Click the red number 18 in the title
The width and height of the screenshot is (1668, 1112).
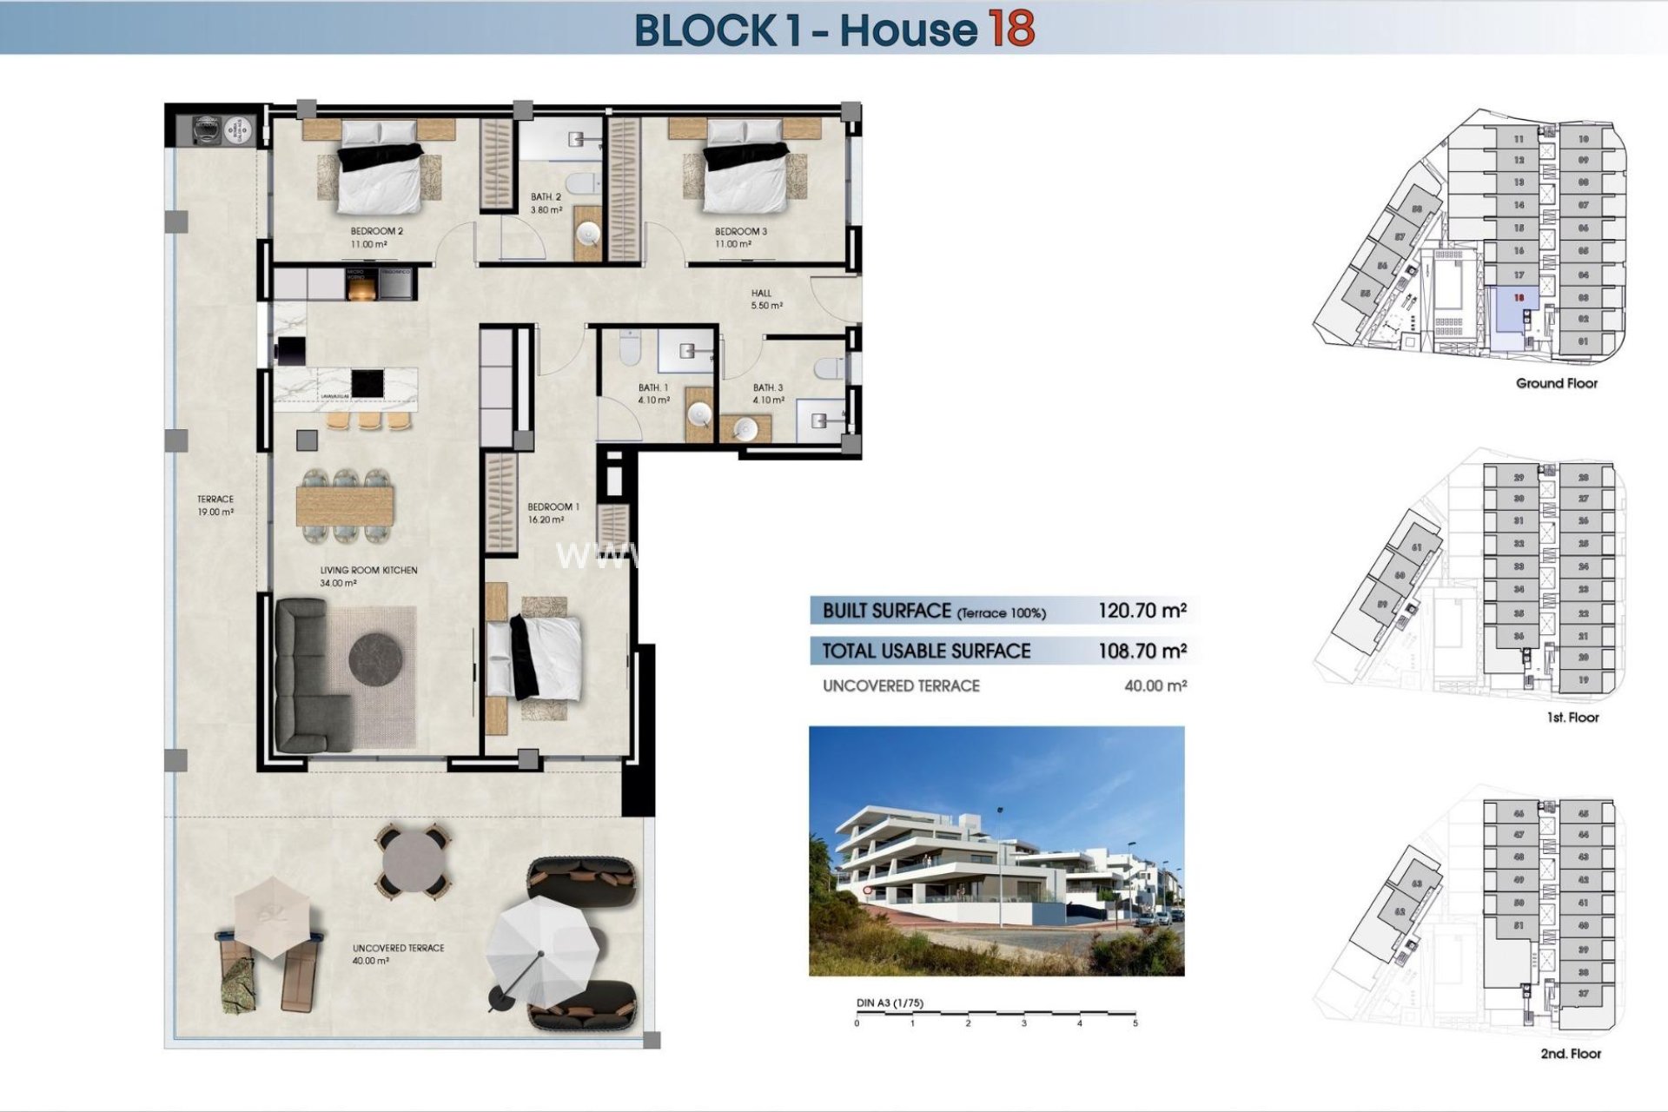coord(1010,29)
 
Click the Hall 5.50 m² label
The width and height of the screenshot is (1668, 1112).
coord(765,300)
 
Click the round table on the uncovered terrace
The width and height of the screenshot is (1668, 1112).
coord(412,861)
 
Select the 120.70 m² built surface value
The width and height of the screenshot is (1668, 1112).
coord(1142,611)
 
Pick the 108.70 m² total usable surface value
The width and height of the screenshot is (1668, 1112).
coord(1142,651)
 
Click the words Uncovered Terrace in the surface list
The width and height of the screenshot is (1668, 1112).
coord(901,686)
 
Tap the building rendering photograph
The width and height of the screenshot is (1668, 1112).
coord(996,851)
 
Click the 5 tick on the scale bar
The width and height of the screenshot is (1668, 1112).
coord(1135,1023)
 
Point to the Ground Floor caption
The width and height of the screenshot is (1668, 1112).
coord(1556,383)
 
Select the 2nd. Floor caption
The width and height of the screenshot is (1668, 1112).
coord(1570,1054)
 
